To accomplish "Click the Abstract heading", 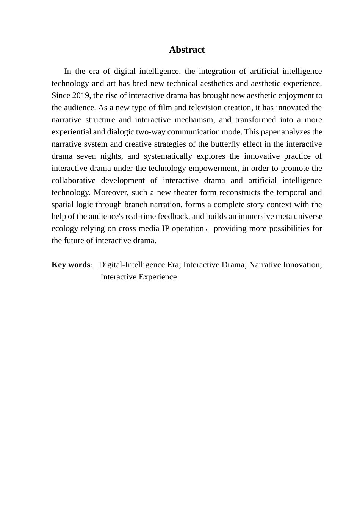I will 187,50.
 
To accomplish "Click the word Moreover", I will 110,192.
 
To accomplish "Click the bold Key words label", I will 70,265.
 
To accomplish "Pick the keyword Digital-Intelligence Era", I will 139,265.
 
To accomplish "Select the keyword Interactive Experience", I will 139,277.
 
